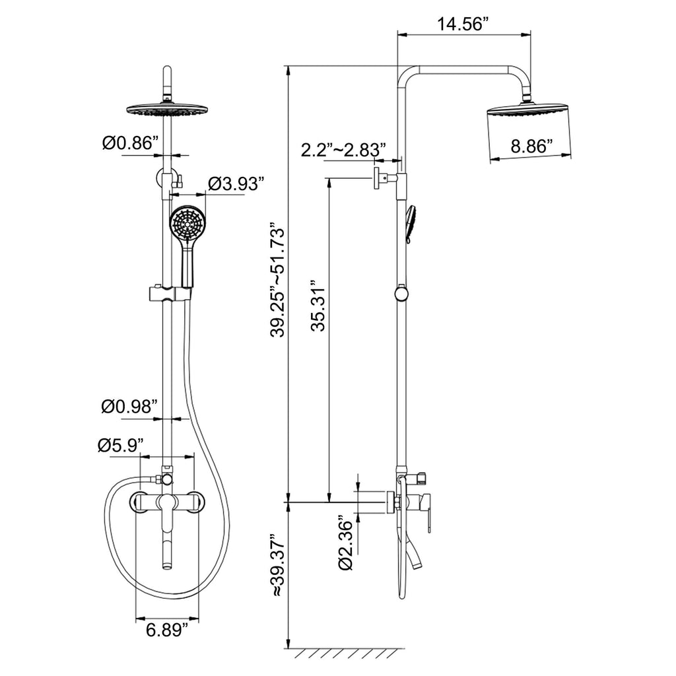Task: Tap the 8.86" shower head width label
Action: [531, 147]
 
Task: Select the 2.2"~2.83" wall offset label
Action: [343, 150]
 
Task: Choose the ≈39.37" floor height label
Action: [278, 565]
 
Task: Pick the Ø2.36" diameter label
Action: [346, 542]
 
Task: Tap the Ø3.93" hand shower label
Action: [236, 184]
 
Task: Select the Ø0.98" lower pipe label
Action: [129, 406]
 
